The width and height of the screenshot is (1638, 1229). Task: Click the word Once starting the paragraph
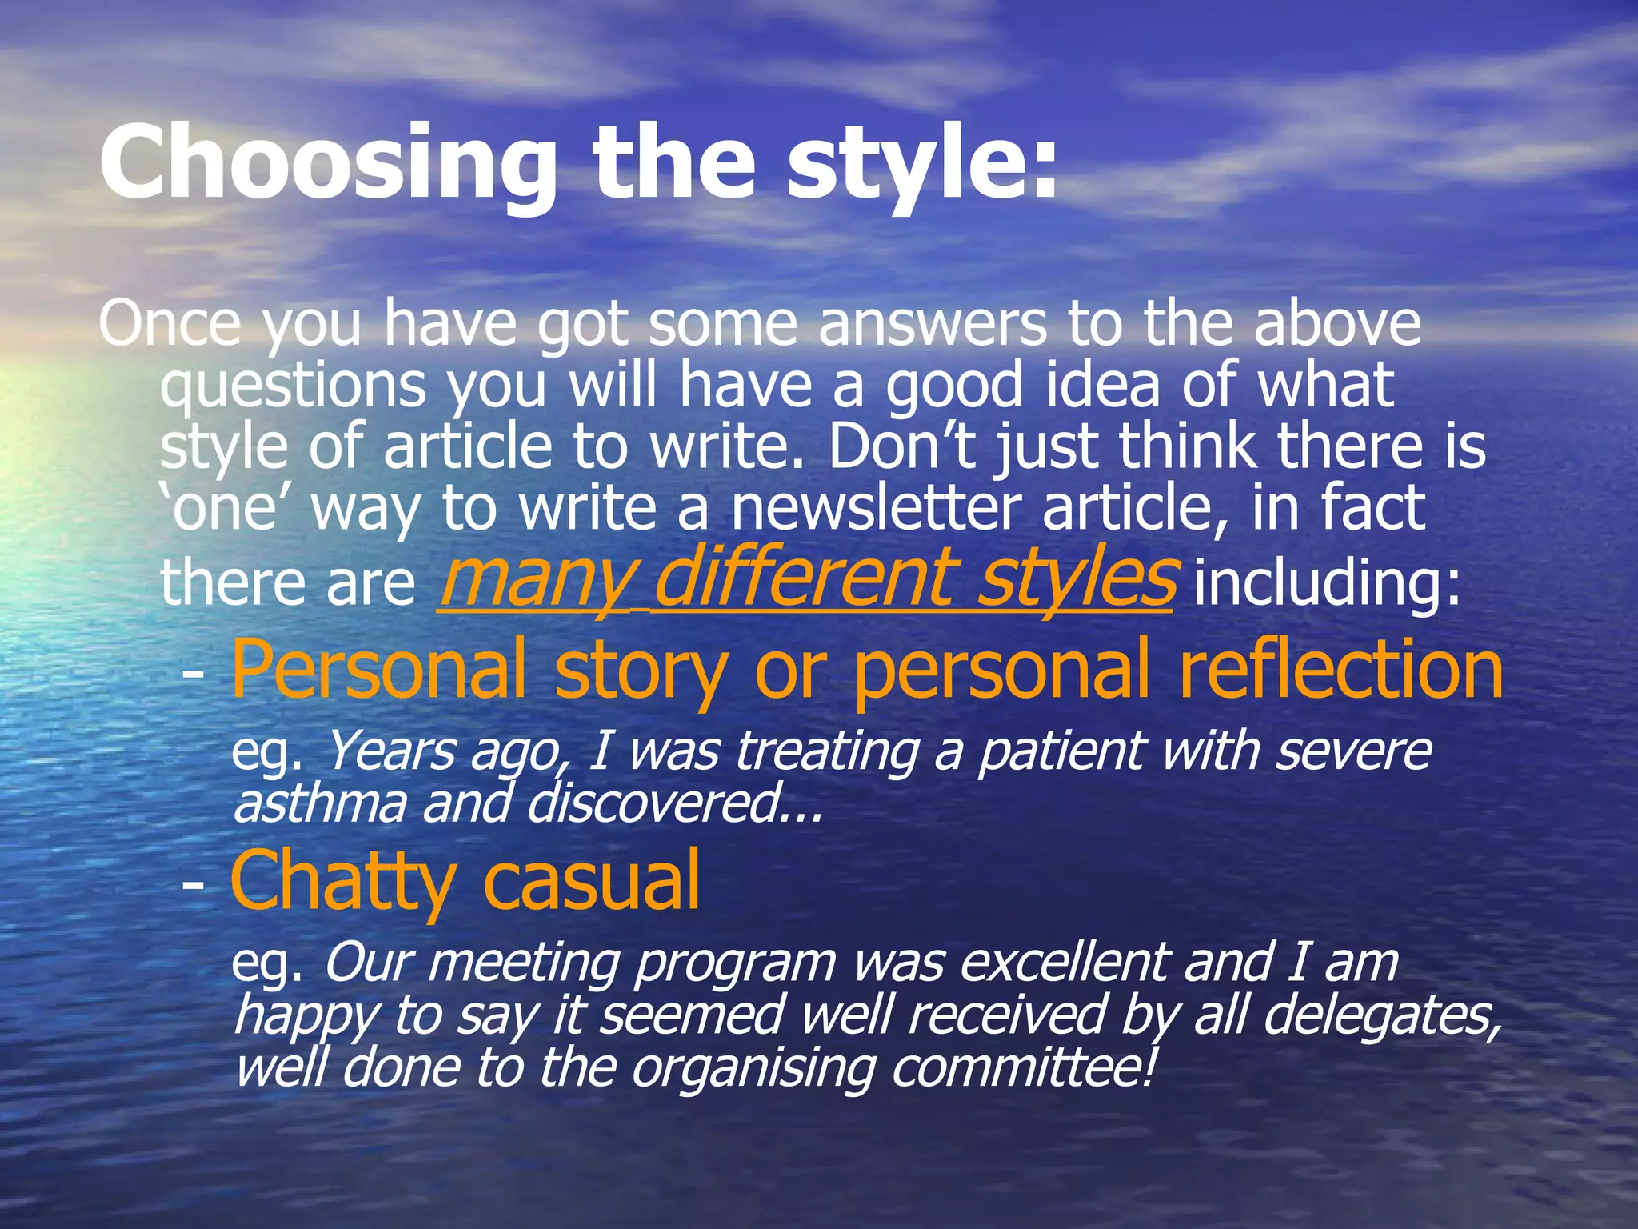[169, 324]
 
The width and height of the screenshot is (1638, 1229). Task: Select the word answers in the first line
[932, 324]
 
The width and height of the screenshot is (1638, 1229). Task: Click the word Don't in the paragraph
[901, 446]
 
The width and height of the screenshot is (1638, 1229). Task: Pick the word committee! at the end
[1023, 1069]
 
